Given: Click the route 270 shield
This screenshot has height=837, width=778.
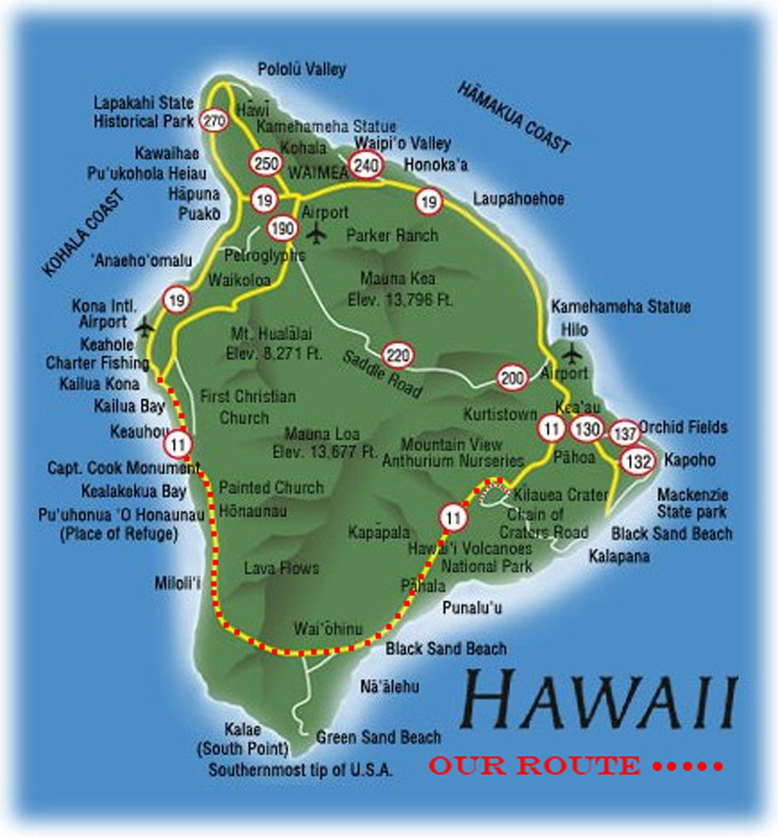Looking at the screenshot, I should coord(213,119).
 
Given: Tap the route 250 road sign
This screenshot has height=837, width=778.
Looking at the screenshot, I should coord(265,162).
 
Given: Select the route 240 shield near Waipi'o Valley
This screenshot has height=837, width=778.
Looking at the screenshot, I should coord(366,165).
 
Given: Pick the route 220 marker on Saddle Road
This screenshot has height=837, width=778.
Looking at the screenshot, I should coord(398,355).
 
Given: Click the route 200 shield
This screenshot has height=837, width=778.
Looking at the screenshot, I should coord(512,377).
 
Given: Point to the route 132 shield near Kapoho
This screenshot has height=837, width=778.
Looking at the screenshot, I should coord(638,462).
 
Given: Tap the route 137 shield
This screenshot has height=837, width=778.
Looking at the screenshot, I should coord(625,432).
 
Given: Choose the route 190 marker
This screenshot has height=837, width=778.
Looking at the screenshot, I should coord(282,229).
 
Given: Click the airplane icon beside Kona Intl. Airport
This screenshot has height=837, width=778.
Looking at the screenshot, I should coord(144,325).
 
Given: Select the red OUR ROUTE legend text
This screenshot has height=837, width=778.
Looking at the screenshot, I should coord(534,765).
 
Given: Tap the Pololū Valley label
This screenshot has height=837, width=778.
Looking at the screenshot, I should coord(303,69).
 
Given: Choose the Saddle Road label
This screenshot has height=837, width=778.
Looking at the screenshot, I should coord(382,374).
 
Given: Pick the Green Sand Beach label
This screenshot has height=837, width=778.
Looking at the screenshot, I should coord(379,738).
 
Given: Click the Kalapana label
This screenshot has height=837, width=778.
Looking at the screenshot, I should coord(619,556).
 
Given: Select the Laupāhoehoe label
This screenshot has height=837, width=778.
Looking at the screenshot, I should coord(519,200).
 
